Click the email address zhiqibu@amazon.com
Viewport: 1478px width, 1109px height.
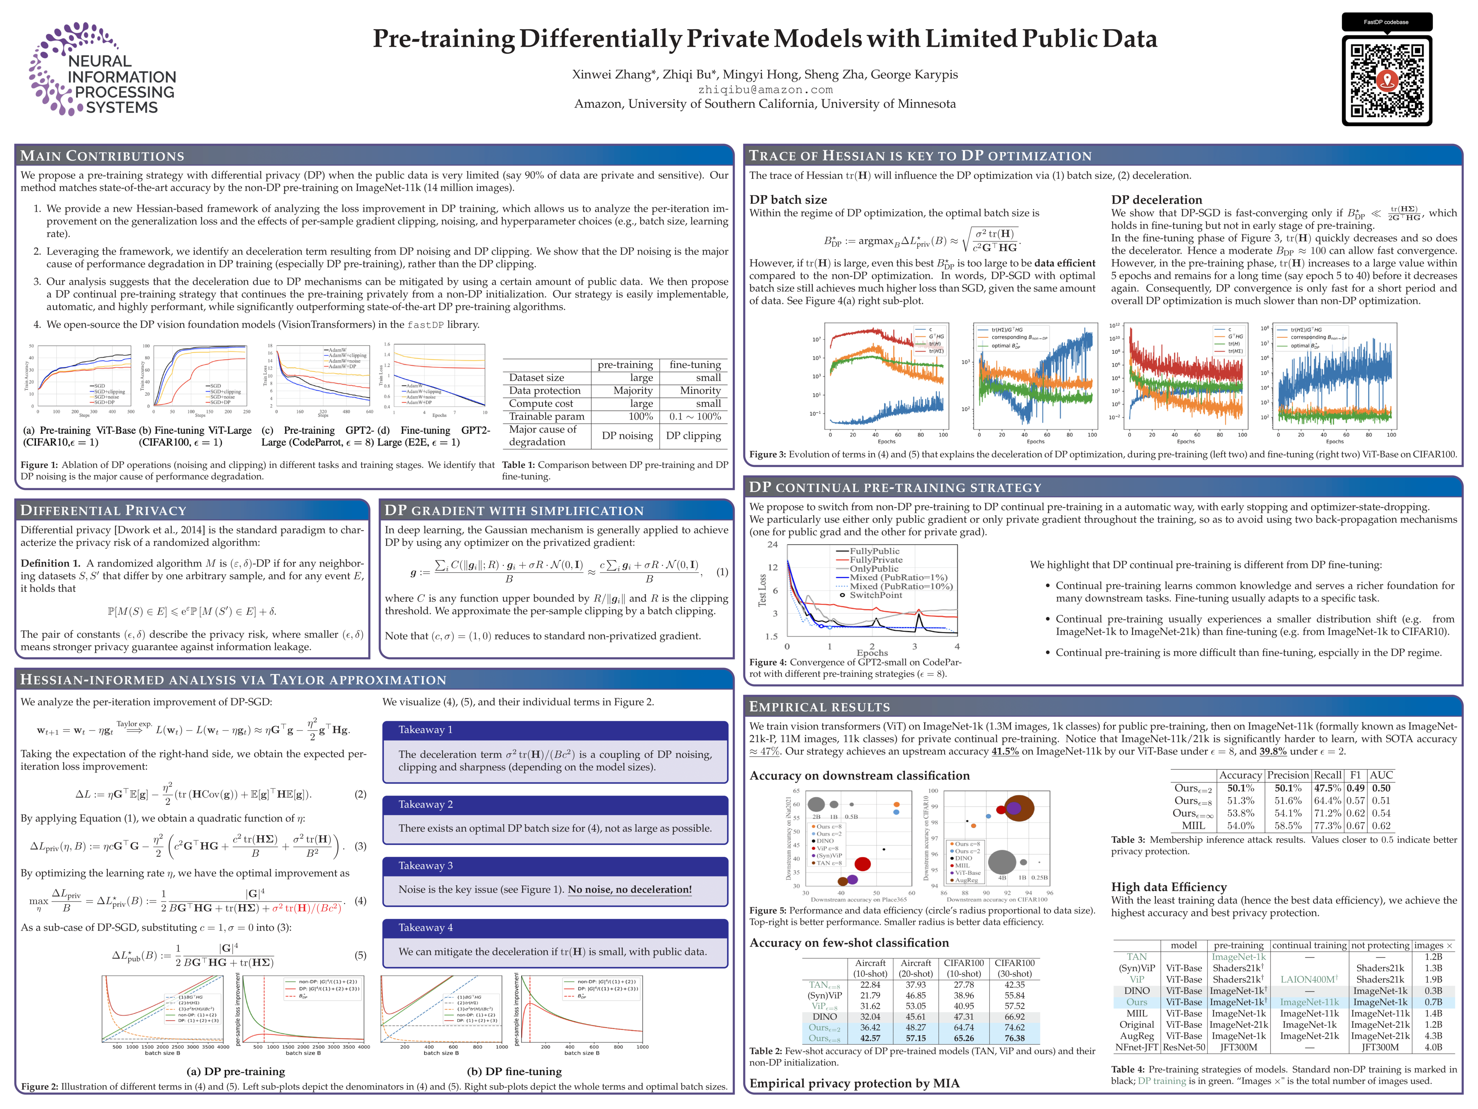point(765,90)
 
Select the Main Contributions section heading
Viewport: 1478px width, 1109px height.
point(102,156)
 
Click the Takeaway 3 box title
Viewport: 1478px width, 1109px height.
point(426,866)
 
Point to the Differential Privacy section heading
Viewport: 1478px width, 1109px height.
point(104,510)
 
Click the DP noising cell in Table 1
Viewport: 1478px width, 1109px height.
point(627,436)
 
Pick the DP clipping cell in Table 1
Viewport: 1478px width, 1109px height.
point(694,436)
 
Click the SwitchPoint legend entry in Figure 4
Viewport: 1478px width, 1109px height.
point(875,595)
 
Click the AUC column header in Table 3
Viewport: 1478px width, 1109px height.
point(1381,776)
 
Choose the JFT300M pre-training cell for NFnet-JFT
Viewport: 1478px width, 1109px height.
point(1238,1047)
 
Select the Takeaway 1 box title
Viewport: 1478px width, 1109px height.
point(426,730)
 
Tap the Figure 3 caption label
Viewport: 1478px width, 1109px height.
point(767,454)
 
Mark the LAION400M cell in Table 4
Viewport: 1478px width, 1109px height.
point(1309,979)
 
